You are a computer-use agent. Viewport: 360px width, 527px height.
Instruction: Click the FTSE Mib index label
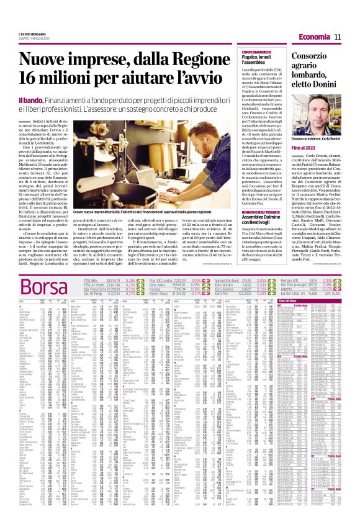pyautogui.click(x=91, y=281)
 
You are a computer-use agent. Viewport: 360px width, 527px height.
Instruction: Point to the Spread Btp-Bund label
pyautogui.click(x=227, y=281)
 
